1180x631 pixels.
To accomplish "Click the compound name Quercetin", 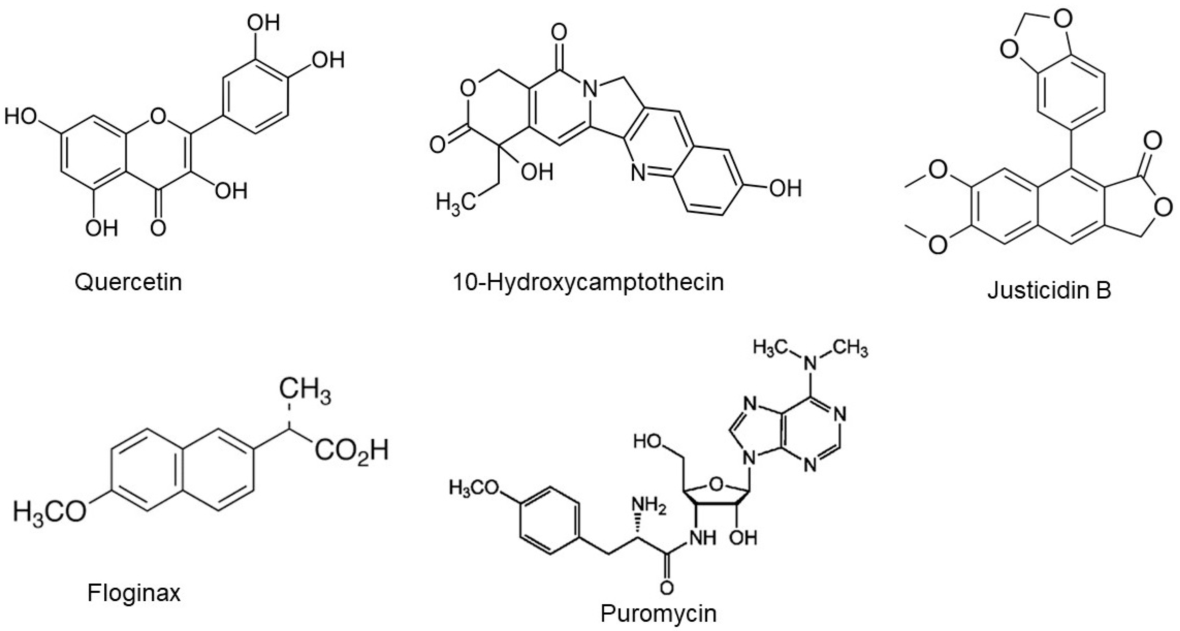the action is [128, 282].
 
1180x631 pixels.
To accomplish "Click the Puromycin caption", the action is [658, 613].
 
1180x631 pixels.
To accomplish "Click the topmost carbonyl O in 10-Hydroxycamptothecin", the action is [559, 33].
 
